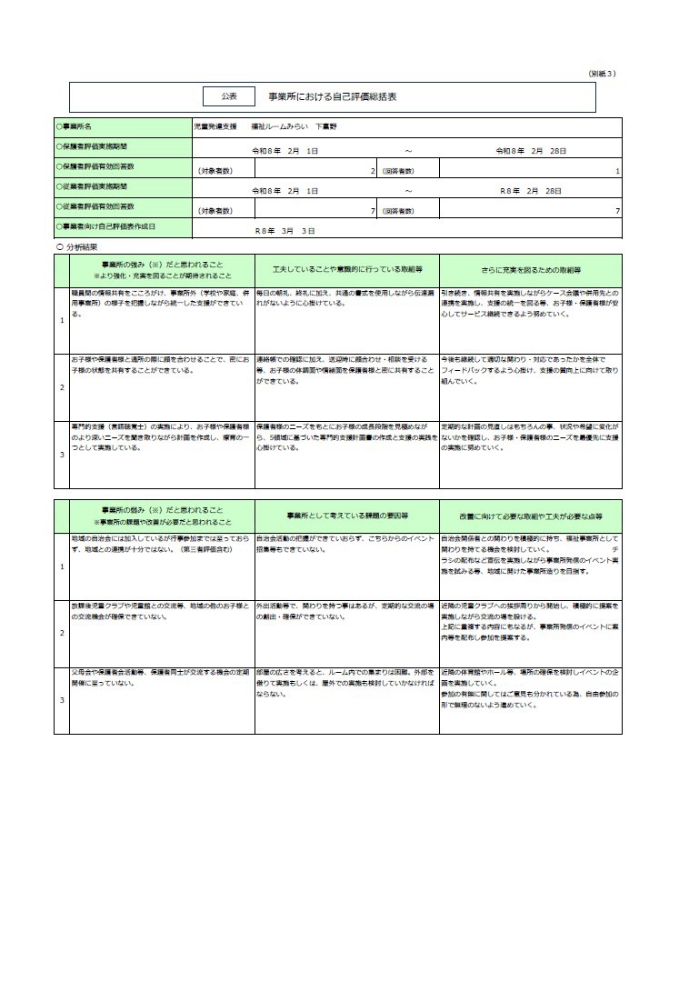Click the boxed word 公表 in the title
click(x=228, y=95)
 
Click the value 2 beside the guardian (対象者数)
click(x=373, y=170)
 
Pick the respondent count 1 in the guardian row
click(x=617, y=170)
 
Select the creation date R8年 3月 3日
click(x=285, y=231)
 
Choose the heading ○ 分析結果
click(x=77, y=246)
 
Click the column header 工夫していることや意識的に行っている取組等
click(x=347, y=270)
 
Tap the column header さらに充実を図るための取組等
click(x=531, y=270)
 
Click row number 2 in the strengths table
click(x=62, y=387)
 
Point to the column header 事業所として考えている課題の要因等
click(x=347, y=516)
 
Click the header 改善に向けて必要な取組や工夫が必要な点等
click(x=531, y=516)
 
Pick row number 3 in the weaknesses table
click(x=62, y=699)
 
